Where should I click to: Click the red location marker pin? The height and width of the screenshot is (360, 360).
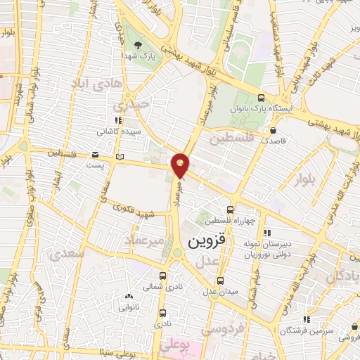click(181, 165)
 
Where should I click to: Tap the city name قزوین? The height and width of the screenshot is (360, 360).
click(207, 243)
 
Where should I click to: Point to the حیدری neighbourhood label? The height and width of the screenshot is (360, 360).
click(134, 103)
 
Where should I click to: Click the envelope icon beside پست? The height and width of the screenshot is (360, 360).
click(95, 155)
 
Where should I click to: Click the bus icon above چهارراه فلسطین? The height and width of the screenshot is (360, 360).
click(231, 210)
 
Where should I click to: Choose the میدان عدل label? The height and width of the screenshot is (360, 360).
click(221, 290)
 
